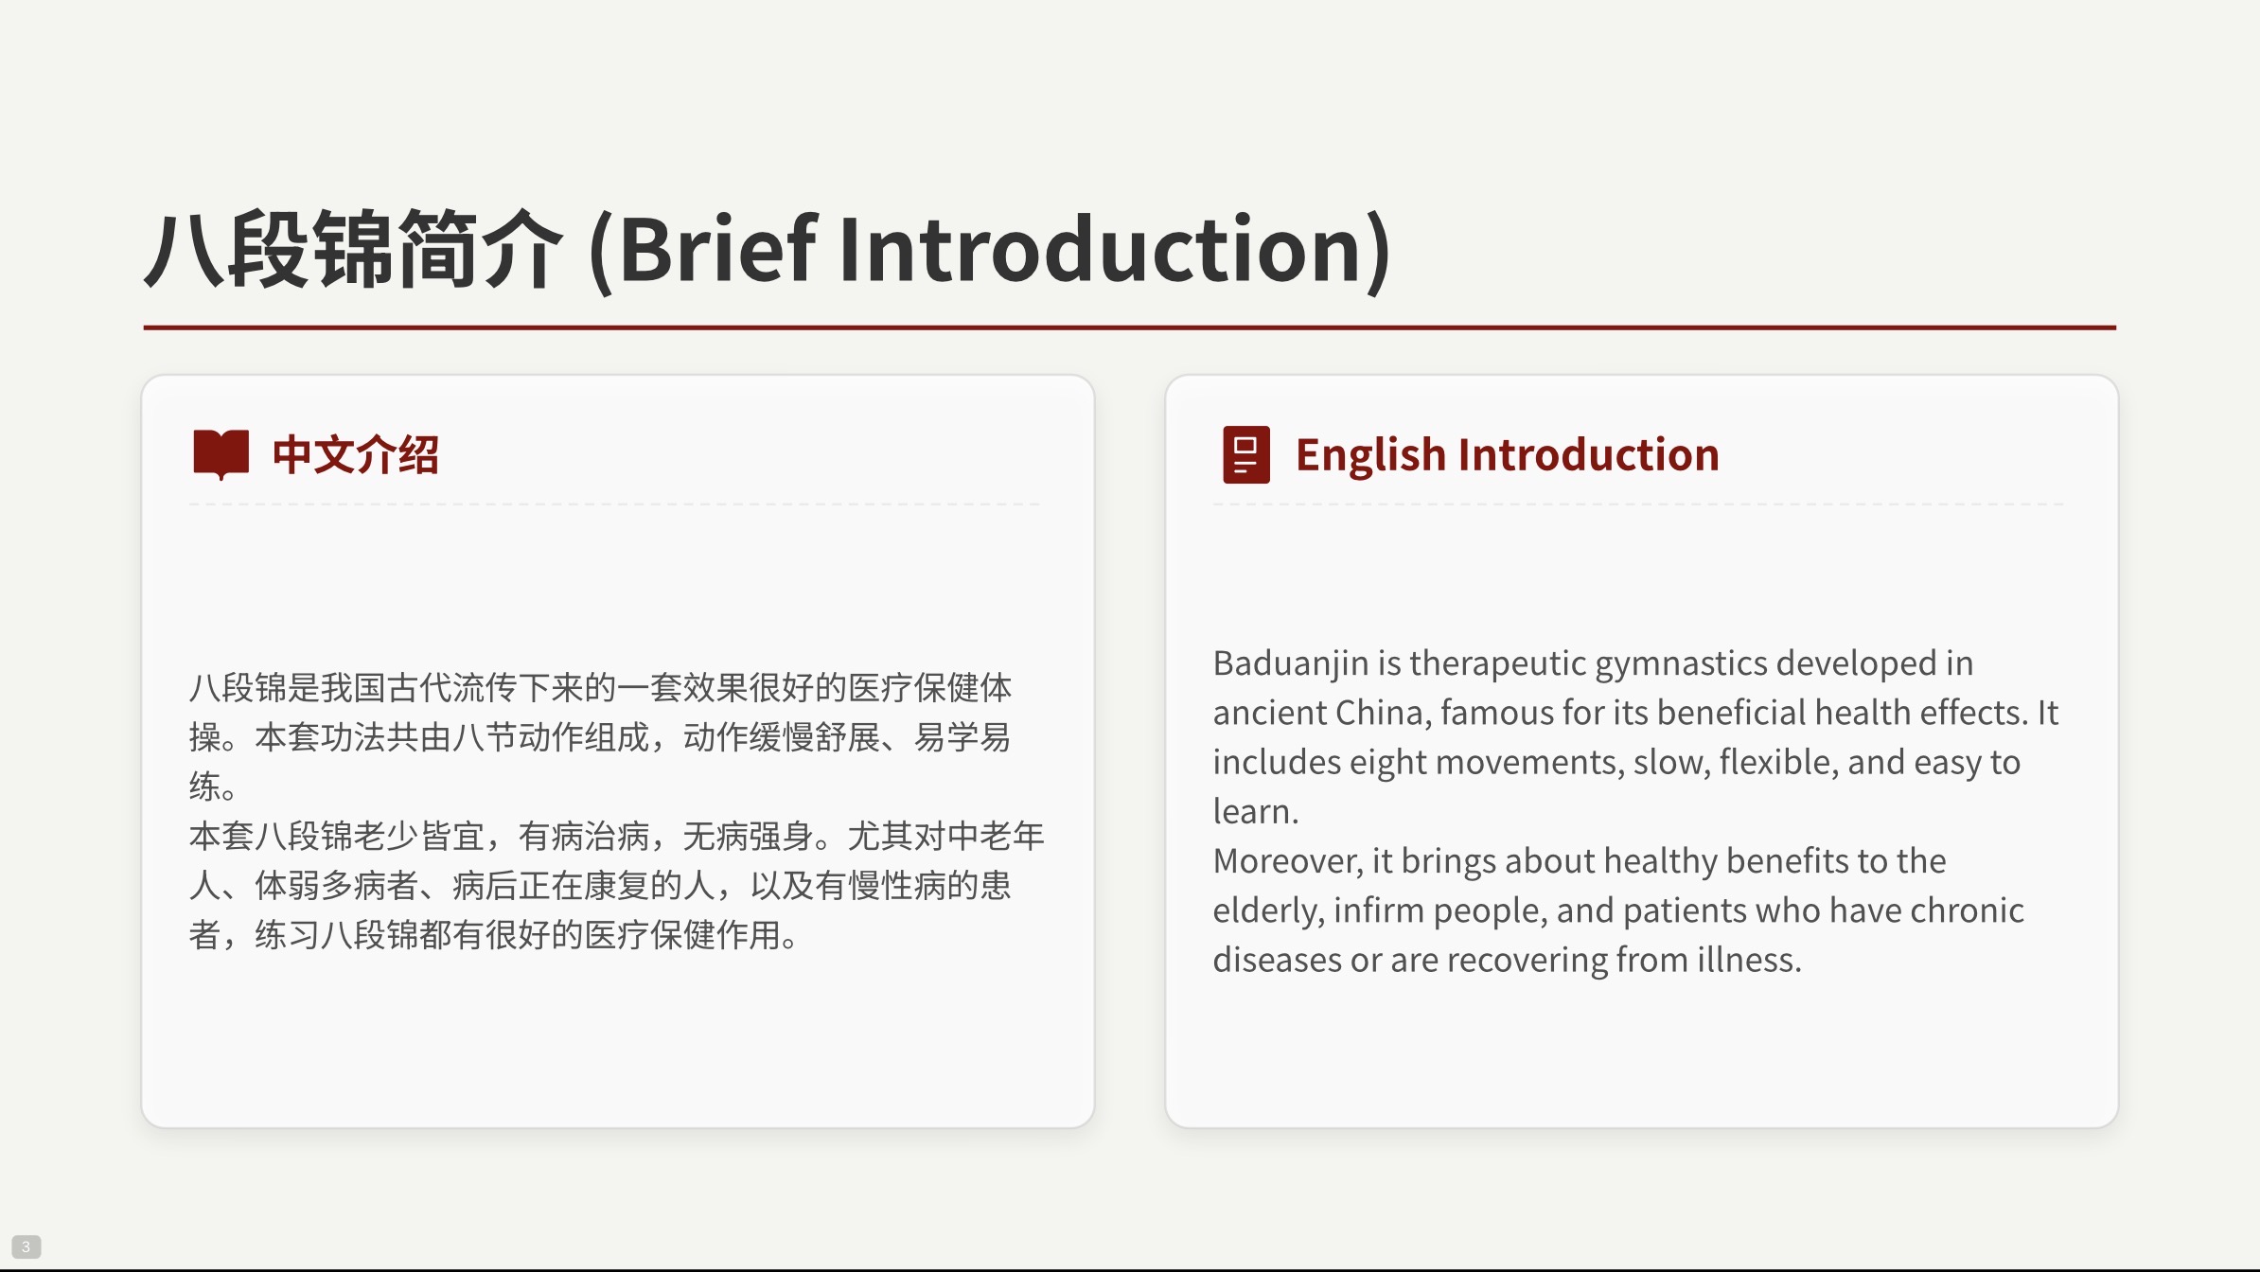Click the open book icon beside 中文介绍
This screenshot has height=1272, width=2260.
(x=221, y=454)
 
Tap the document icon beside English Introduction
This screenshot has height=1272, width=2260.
(x=1246, y=454)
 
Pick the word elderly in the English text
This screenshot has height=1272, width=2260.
(x=1268, y=911)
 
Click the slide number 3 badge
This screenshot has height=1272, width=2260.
(x=26, y=1246)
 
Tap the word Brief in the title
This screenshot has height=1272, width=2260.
(x=718, y=249)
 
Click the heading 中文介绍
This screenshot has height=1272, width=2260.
(x=356, y=454)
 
